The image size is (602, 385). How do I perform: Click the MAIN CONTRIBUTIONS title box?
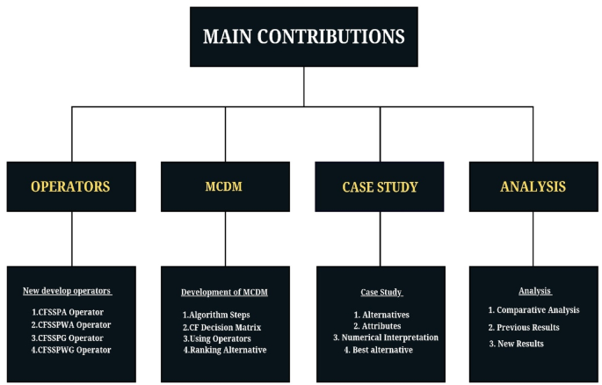(303, 37)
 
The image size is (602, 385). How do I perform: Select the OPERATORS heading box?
(71, 186)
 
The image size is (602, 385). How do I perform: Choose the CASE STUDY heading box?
(381, 186)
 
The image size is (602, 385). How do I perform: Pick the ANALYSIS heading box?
(533, 186)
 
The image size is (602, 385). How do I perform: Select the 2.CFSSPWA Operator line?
(69, 324)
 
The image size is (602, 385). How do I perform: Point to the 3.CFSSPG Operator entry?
(67, 338)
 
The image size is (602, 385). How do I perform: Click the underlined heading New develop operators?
(67, 291)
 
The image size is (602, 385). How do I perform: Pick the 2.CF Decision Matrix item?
(225, 326)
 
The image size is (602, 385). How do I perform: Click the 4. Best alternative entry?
(380, 350)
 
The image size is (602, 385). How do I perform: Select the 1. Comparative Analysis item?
(533, 310)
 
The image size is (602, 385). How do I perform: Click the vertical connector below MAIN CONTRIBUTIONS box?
(303, 87)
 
